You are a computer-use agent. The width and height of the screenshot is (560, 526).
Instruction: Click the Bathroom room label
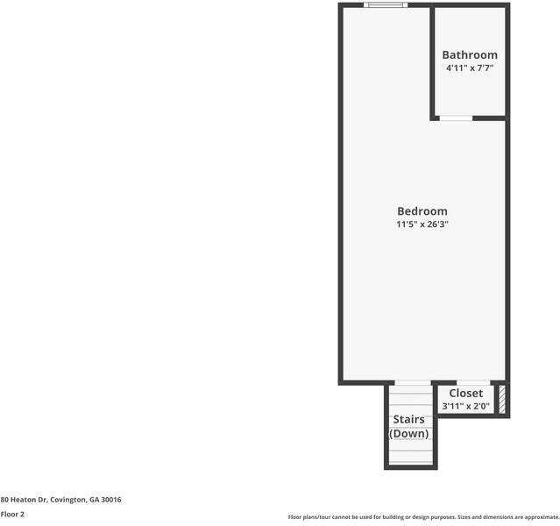click(469, 54)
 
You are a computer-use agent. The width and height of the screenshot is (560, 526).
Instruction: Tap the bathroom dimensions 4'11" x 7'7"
click(469, 68)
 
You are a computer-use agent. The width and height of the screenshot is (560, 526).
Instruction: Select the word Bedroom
click(422, 210)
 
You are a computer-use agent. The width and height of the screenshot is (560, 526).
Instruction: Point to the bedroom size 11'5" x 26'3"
click(422, 224)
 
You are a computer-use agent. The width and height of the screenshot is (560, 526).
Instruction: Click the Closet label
click(465, 394)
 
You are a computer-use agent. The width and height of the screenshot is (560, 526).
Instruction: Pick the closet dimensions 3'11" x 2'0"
click(465, 407)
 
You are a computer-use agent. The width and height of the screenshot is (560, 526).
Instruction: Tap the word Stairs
click(408, 419)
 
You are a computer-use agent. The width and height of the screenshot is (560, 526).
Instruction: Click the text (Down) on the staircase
click(408, 434)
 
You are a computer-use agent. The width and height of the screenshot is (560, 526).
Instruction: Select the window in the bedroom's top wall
click(386, 5)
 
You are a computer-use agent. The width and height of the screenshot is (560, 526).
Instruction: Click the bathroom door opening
click(456, 117)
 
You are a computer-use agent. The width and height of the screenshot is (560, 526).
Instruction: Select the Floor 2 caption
click(12, 515)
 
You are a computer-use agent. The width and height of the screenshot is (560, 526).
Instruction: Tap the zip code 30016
click(111, 500)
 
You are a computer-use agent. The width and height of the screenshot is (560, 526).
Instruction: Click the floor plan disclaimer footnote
click(423, 517)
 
